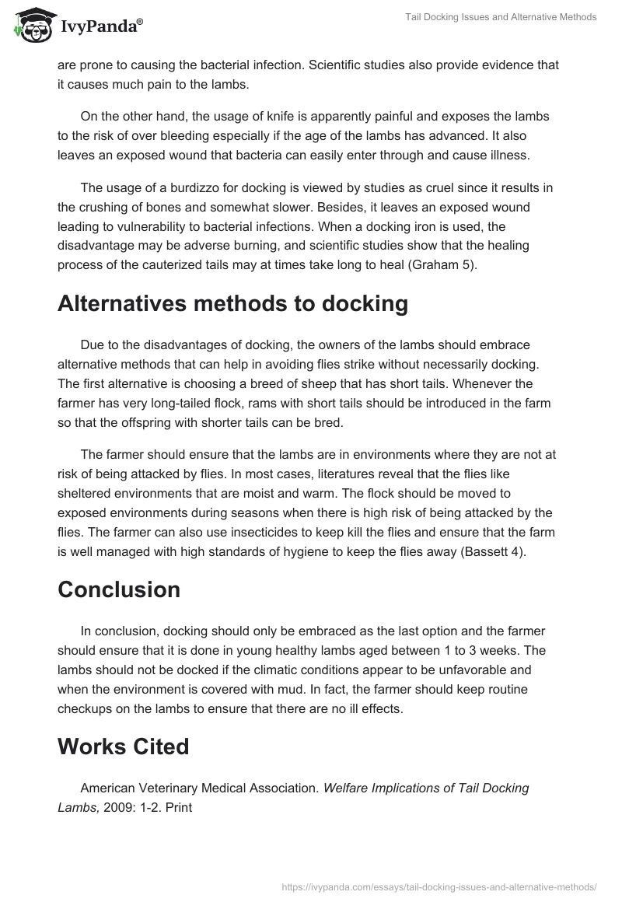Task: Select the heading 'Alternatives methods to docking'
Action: coord(232,304)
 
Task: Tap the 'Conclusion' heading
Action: coord(119,589)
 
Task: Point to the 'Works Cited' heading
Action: coord(123,746)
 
